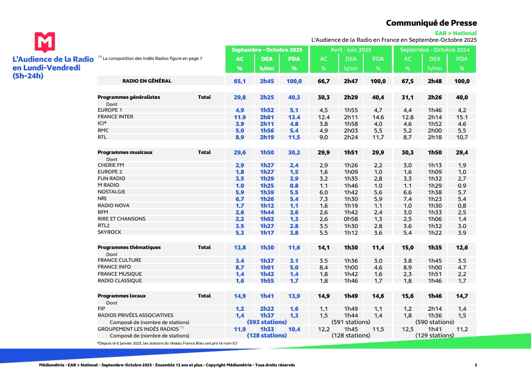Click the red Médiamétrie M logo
[x=45, y=42]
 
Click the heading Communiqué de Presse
[x=431, y=23]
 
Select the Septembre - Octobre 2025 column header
[x=267, y=50]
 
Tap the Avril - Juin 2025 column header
[x=351, y=50]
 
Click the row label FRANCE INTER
[x=115, y=117]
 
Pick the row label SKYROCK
[x=109, y=232]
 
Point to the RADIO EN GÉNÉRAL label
[x=147, y=81]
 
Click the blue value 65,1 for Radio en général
[x=240, y=81]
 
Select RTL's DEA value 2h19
[x=267, y=137]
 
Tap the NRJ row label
[x=103, y=199]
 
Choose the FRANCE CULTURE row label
[x=119, y=260]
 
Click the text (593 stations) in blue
[x=267, y=322]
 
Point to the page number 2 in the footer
[x=475, y=365]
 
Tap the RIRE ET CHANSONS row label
[x=122, y=219]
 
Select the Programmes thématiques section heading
[x=129, y=248]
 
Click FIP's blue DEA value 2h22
[x=267, y=309]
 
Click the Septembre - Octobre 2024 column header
[x=435, y=50]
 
